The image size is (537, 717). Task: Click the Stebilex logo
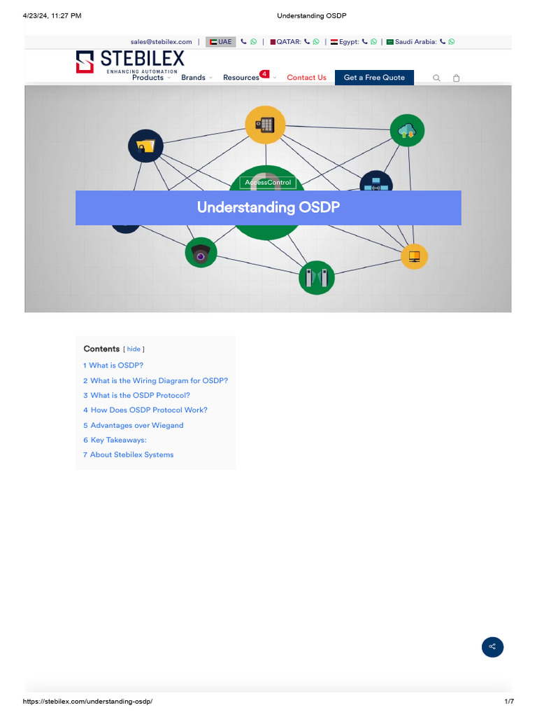[130, 60]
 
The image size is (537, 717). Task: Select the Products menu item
[148, 78]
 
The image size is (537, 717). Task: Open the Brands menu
[193, 78]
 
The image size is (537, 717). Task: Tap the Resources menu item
[241, 78]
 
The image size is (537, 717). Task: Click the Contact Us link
[306, 78]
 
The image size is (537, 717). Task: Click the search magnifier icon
[437, 78]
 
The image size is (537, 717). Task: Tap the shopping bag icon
[457, 78]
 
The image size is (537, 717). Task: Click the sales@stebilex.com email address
[161, 42]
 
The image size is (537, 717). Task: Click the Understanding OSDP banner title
[268, 207]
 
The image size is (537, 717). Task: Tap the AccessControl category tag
[268, 183]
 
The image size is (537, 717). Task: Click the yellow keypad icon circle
[265, 125]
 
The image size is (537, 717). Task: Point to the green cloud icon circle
[407, 130]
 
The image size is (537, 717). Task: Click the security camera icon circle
[201, 253]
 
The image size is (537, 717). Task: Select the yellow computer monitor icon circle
[414, 256]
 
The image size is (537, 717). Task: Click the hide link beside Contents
[134, 349]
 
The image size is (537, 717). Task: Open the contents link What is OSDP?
[116, 366]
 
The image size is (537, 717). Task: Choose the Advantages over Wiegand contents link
[136, 425]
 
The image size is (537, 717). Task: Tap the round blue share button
[492, 646]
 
